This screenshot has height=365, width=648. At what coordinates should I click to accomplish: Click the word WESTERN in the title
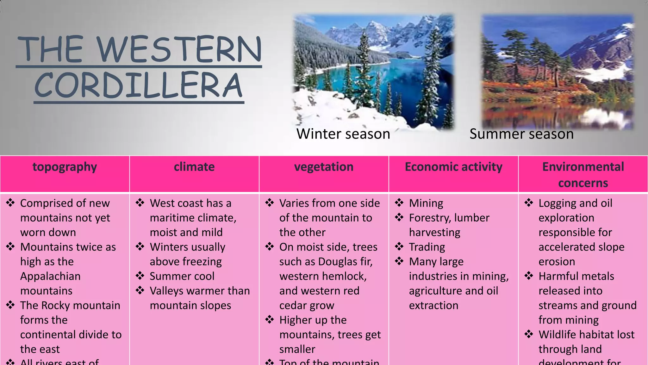[x=179, y=50]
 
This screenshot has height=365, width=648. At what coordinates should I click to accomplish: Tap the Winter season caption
[x=343, y=134]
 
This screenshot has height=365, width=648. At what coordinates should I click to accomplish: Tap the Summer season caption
[x=521, y=134]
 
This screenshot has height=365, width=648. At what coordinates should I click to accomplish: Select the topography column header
[x=65, y=167]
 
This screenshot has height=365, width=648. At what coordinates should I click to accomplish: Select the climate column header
[x=194, y=167]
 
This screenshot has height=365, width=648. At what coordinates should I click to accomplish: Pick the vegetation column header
[x=324, y=167]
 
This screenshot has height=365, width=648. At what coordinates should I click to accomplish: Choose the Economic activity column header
[x=453, y=167]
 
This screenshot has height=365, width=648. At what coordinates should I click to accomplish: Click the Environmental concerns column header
[x=583, y=175]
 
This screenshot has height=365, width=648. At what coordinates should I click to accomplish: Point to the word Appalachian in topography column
[x=50, y=276]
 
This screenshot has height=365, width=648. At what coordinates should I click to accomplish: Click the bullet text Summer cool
[x=182, y=276]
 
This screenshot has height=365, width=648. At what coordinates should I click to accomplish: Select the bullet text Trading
[x=427, y=247]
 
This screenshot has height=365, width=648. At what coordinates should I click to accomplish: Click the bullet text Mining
[x=426, y=203]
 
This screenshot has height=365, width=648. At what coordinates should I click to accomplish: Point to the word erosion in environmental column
[x=557, y=262]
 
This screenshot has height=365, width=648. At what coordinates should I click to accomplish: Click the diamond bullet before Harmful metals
[x=529, y=276]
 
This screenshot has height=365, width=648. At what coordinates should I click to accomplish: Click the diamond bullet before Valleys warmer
[x=140, y=290]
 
